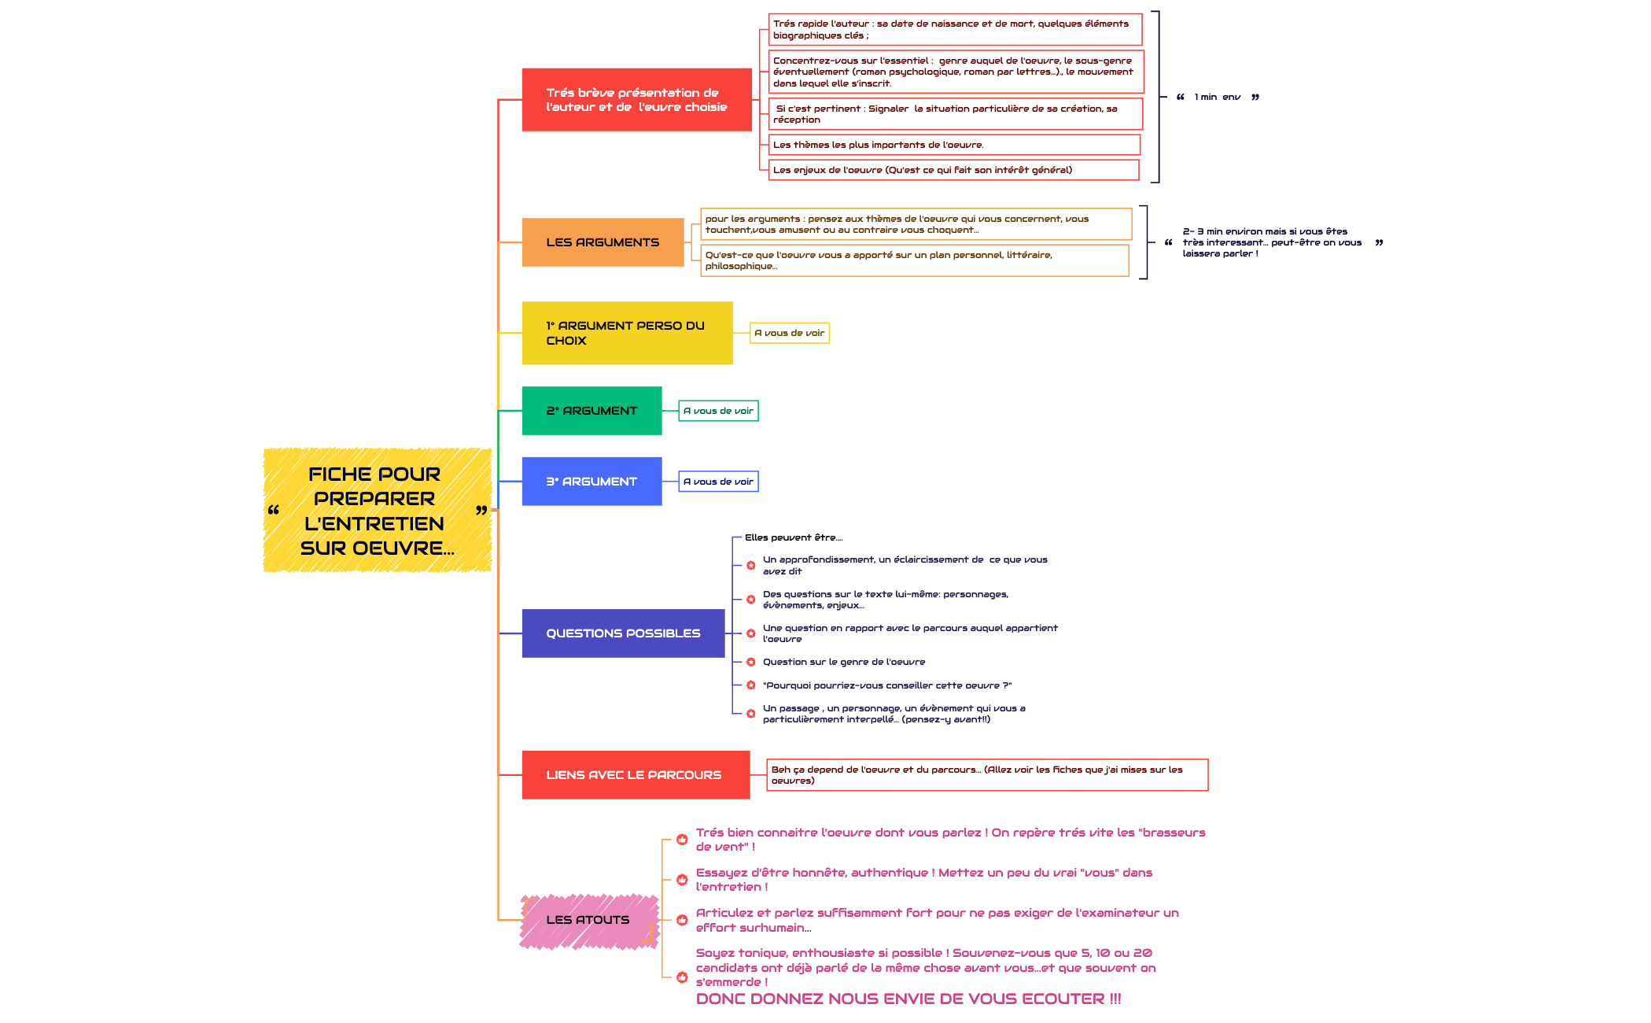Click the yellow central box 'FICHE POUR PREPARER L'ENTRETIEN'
click(377, 510)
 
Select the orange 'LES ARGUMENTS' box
click(603, 242)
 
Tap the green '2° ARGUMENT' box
click(591, 411)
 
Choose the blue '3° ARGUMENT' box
click(591, 482)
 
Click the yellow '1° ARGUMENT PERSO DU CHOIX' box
click(627, 333)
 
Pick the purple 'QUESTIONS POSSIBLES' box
click(623, 633)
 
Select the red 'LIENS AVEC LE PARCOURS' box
click(636, 775)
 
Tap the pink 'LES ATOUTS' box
click(588, 920)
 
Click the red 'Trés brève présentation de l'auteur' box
click(636, 100)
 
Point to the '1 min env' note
click(1217, 98)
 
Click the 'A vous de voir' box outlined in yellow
click(790, 334)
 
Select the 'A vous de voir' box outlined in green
click(718, 411)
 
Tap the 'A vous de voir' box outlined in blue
click(718, 482)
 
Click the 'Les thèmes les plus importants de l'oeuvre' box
click(953, 145)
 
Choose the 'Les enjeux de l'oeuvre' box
click(953, 170)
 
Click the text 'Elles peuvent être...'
click(793, 538)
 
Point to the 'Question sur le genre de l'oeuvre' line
click(843, 663)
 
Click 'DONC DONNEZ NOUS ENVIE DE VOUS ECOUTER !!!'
click(908, 999)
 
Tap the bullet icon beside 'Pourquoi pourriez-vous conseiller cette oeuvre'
click(751, 685)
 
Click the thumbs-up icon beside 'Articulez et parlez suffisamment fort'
click(682, 920)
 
